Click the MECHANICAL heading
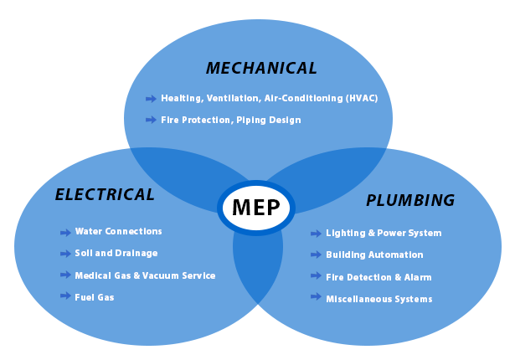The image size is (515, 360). point(261,69)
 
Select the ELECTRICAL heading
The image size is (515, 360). point(105,195)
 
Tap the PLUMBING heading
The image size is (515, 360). point(410,201)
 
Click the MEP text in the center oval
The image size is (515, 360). point(256,208)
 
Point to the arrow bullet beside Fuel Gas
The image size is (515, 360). point(65,296)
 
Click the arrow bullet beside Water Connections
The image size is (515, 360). point(65,232)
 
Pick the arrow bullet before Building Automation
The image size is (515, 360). point(316,255)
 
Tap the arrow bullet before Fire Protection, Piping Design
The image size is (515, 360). point(151,120)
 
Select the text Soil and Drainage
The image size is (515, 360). point(116,253)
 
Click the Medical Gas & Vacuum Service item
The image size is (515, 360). point(145,275)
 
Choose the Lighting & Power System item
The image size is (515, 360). point(383,233)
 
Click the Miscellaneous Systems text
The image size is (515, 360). point(379,299)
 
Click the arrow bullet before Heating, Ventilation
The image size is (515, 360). point(151,99)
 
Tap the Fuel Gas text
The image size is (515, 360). point(94,297)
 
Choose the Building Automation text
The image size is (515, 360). point(374,255)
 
